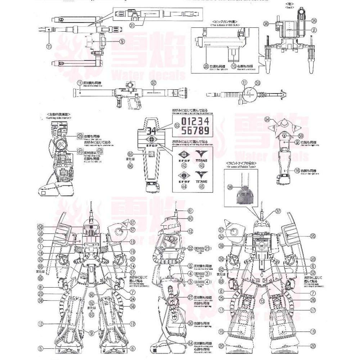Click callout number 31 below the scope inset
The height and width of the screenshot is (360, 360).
coord(132,25)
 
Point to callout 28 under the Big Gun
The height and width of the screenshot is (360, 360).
coord(206,66)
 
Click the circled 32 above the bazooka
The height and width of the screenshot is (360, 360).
coord(153,82)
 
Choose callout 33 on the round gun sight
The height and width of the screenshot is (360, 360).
coord(257,83)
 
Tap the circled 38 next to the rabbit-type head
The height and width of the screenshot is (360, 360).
coord(230,187)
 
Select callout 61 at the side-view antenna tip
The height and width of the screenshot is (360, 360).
coord(190,211)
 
